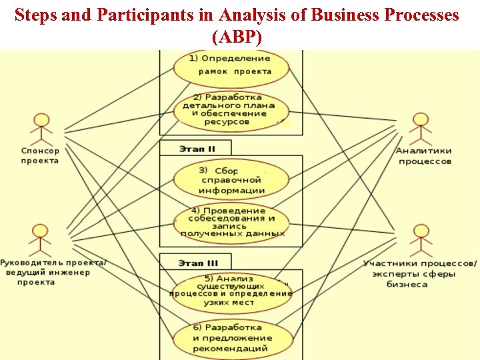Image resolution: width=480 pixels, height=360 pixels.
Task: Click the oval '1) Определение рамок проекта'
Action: point(231,65)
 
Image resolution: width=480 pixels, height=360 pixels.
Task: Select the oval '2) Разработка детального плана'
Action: point(231,111)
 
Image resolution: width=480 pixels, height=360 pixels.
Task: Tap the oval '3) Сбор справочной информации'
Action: point(231,179)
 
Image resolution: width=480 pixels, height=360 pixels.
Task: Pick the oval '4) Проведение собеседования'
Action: point(231,222)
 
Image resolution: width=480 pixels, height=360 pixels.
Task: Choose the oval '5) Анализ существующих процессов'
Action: point(231,291)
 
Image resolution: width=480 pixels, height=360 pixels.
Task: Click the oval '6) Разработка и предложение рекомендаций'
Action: point(231,339)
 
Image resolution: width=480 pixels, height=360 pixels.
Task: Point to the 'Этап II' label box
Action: point(195,148)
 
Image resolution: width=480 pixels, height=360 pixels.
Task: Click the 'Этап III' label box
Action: point(195,261)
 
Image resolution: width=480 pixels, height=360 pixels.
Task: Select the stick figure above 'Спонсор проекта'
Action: point(42,129)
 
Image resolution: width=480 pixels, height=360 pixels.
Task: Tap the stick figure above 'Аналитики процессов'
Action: point(421,129)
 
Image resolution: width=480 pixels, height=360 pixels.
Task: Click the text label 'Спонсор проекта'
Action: point(40,155)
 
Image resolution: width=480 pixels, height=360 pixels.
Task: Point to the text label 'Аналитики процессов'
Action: point(424,156)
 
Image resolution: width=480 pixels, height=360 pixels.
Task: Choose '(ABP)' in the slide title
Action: point(239,37)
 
